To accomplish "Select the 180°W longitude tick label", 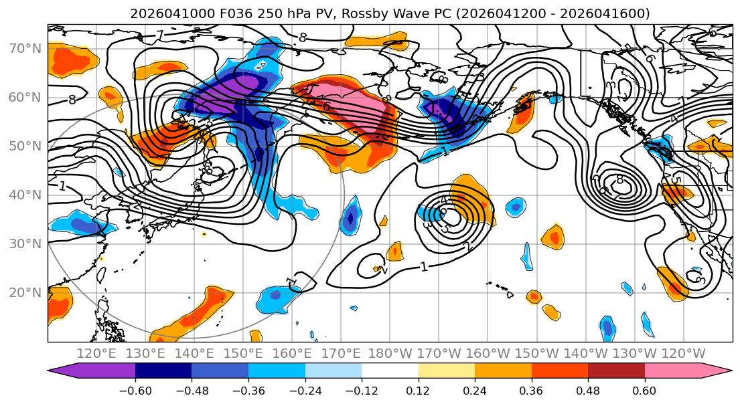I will click(390, 353).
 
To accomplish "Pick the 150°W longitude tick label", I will click(536, 353).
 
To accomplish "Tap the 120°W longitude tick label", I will click(683, 353).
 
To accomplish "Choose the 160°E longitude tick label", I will click(293, 353).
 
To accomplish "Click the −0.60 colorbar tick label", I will click(135, 389).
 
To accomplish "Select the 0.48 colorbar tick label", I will click(588, 389).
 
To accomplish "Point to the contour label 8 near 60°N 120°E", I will click(72, 100).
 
